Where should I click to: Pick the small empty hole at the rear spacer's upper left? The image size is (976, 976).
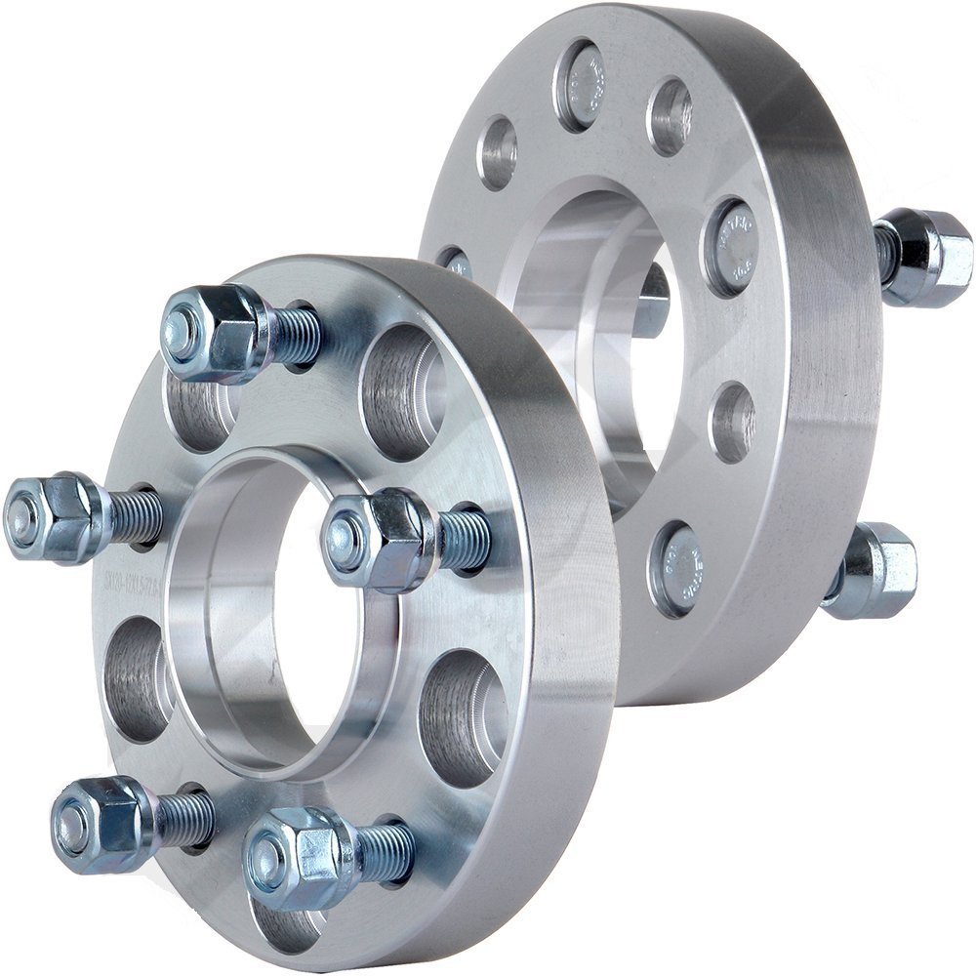click(499, 151)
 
